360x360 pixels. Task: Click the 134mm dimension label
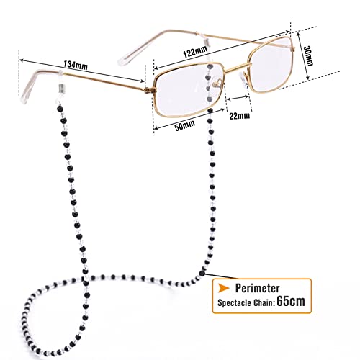point(76,65)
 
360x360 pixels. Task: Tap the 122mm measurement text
point(195,52)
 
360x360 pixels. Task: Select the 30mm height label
point(308,55)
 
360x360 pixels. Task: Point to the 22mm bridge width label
point(239,116)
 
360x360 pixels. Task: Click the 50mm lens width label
point(184,125)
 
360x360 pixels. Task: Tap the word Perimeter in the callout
point(257,288)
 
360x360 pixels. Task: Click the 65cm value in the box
point(291,301)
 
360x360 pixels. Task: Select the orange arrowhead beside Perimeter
point(223,288)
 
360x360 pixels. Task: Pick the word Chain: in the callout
point(264,303)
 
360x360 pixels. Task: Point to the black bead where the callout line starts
point(202,273)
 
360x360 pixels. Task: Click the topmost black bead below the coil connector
point(60,109)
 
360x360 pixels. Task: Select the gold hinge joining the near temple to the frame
point(150,90)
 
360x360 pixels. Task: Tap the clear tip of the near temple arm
point(24,96)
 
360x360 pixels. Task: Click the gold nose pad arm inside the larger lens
point(218,84)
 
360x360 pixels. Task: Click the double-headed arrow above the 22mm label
point(238,98)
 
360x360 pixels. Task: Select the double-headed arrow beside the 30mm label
point(303,56)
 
